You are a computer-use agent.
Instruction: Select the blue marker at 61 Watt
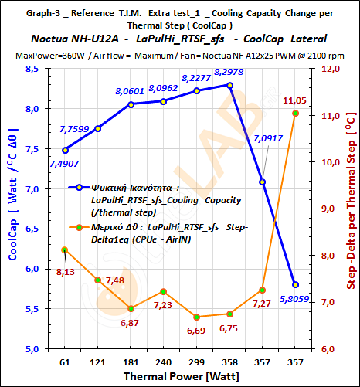point(65,150)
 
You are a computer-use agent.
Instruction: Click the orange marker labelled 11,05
point(295,114)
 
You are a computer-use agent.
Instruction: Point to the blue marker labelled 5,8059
point(295,284)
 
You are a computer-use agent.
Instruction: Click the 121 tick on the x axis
point(98,362)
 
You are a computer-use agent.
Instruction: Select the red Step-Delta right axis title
point(350,209)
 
